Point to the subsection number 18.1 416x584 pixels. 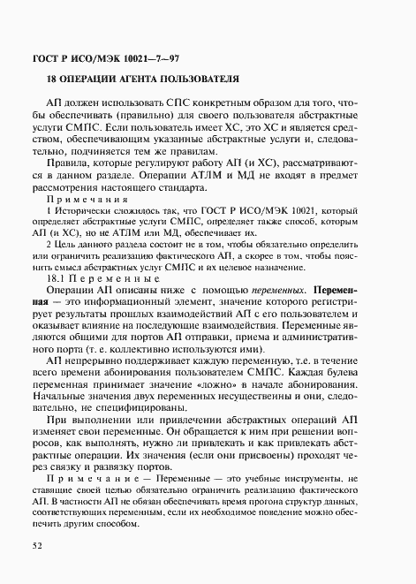55,277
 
